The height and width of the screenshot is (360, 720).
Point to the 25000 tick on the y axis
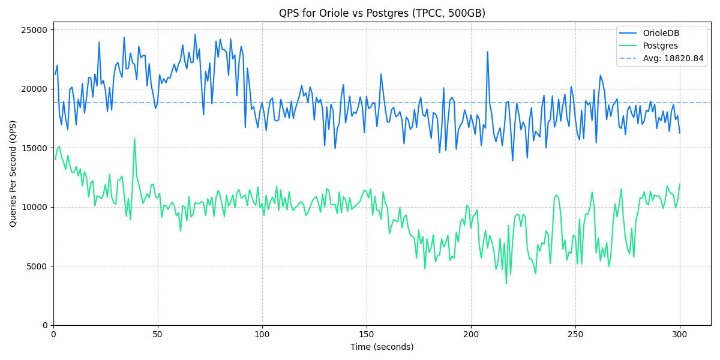[x=34, y=30]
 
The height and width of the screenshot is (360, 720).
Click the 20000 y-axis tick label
[x=34, y=89]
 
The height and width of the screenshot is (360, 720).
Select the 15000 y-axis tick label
[x=34, y=148]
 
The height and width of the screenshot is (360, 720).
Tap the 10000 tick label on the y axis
[x=34, y=207]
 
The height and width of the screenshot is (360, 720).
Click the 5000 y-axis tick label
[x=37, y=266]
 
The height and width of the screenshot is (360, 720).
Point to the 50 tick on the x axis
[x=158, y=334]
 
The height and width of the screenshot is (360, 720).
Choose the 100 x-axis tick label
[x=262, y=334]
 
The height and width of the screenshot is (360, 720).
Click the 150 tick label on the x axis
[x=367, y=334]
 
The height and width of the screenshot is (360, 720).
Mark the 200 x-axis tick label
[x=471, y=334]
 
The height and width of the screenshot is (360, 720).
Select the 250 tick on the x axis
[x=575, y=334]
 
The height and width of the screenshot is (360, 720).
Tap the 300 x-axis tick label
[x=680, y=334]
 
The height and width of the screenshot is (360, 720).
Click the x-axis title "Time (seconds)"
[x=382, y=347]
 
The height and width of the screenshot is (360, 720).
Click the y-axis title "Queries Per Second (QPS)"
[x=13, y=173]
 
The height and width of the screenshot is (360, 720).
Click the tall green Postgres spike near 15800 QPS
[x=134, y=139]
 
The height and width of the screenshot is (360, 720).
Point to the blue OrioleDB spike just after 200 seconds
[x=487, y=52]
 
